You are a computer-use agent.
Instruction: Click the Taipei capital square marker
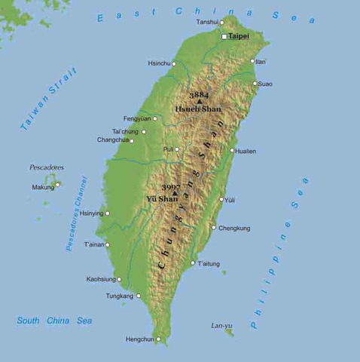[224, 36]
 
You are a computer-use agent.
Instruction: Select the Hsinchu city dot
[174, 64]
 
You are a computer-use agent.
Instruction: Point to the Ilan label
[260, 61]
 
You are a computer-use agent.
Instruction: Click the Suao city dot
[255, 84]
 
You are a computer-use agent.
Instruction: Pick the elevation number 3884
[199, 95]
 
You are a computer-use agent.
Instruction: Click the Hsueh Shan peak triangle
[200, 101]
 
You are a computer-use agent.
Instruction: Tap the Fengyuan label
[137, 118]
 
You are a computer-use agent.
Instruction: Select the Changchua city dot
[132, 140]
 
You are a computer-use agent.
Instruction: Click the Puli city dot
[177, 149]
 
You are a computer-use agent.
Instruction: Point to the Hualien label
[246, 151]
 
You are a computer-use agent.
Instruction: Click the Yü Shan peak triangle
[175, 194]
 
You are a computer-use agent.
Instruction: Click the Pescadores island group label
[47, 167]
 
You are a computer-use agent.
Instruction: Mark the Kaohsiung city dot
[119, 279]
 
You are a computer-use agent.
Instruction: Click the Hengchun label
[139, 339]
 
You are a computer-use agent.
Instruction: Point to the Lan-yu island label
[221, 326]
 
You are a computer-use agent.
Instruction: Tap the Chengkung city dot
[213, 227]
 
